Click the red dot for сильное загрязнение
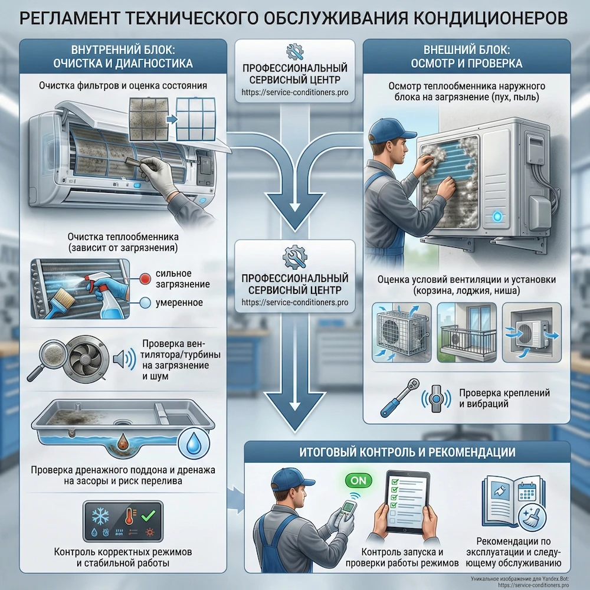point(145,279)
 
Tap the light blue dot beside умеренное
point(145,303)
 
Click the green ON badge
point(358,480)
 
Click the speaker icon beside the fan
point(124,359)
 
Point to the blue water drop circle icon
point(194,444)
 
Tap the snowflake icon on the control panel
point(100,516)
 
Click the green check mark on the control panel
point(148,516)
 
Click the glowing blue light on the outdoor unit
point(497,217)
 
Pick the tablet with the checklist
point(408,501)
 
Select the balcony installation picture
point(467,333)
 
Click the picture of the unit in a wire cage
point(401,333)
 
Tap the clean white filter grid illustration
point(196,119)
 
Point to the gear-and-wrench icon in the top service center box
point(294,51)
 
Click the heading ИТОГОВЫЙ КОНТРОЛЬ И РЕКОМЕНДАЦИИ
point(408,452)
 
